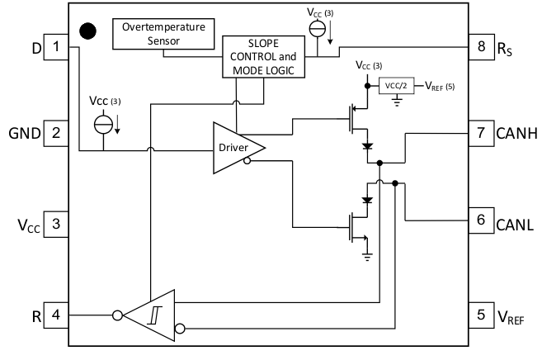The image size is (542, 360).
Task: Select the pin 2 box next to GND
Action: [56, 132]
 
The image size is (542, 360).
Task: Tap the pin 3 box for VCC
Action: [56, 224]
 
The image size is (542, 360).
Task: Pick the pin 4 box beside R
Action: [56, 314]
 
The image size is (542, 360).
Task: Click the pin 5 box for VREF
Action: [480, 314]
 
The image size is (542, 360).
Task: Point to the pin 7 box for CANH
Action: [480, 132]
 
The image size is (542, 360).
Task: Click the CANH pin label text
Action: [517, 133]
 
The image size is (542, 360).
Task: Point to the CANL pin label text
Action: [517, 224]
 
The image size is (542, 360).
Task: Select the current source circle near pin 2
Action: [104, 126]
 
